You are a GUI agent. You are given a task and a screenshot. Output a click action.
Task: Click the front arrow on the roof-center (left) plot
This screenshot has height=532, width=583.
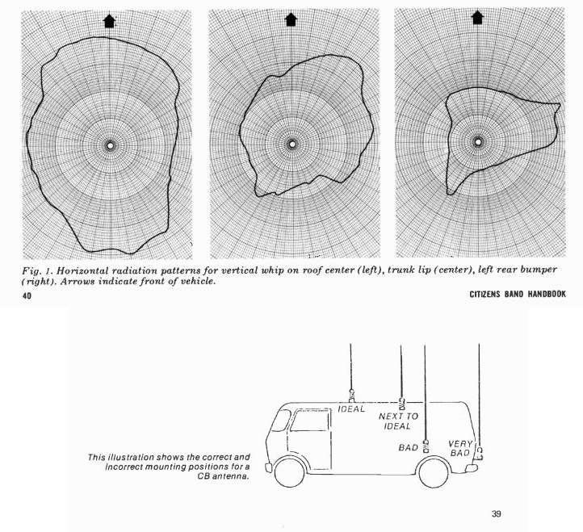pyautogui.click(x=109, y=21)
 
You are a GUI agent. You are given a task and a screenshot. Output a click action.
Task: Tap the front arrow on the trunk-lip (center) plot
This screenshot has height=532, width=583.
pyautogui.click(x=291, y=19)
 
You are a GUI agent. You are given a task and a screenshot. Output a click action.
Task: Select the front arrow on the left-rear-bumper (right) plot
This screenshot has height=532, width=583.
pyautogui.click(x=477, y=18)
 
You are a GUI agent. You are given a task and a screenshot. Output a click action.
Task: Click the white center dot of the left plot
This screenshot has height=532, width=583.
pyautogui.click(x=110, y=145)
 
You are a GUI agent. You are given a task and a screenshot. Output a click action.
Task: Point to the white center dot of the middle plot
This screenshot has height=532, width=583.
pyautogui.click(x=292, y=144)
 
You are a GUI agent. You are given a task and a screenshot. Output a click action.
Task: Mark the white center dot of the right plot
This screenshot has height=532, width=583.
pyautogui.click(x=478, y=141)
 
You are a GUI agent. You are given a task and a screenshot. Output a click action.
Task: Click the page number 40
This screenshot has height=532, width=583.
pyautogui.click(x=27, y=296)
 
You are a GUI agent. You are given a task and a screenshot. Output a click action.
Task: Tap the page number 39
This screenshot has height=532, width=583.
pyautogui.click(x=497, y=513)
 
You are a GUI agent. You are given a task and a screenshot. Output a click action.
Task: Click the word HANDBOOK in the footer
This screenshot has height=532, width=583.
pyautogui.click(x=547, y=295)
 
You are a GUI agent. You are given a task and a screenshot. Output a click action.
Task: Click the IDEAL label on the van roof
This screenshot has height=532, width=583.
pyautogui.click(x=351, y=409)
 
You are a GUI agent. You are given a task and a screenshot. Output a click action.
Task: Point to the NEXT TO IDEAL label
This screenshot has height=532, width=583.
pyautogui.click(x=398, y=421)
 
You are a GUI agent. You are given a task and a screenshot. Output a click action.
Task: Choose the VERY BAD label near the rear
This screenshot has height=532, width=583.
pyautogui.click(x=460, y=448)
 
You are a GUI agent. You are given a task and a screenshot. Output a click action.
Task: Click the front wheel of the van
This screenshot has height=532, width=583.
pyautogui.click(x=289, y=471)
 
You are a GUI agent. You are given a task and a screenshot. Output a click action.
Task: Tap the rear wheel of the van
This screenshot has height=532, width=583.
pyautogui.click(x=434, y=472)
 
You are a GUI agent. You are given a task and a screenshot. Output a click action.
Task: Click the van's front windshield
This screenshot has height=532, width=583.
pyautogui.click(x=282, y=421)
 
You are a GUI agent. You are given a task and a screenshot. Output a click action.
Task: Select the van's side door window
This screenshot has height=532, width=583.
pyautogui.click(x=310, y=421)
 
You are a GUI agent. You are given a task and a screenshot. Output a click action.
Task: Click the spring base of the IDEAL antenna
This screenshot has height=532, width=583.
pyautogui.click(x=351, y=396)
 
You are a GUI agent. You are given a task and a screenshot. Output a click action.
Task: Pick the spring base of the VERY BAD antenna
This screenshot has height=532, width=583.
pyautogui.click(x=480, y=453)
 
